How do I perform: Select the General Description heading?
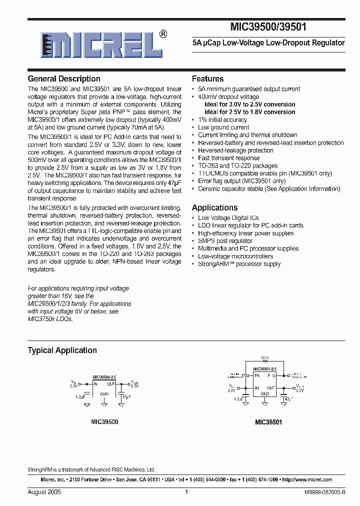pos(64,78)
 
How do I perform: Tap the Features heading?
pos(207,78)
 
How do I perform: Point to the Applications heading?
pos(215,207)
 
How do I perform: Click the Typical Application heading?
pos(62,350)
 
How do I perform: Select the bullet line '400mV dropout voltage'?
pos(228,96)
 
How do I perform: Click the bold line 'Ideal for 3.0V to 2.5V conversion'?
pos(249,104)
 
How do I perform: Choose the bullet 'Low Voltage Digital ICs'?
pos(228,217)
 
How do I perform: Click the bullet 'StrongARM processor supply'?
pos(239,264)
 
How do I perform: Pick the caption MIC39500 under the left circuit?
pos(104,421)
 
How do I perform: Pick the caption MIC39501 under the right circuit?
pos(268,422)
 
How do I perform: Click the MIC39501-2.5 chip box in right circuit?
pos(264,384)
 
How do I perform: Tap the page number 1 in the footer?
pos(186,492)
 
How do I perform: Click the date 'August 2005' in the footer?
pos(44,492)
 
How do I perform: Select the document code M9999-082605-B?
pos(324,492)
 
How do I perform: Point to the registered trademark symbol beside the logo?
pos(163,34)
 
